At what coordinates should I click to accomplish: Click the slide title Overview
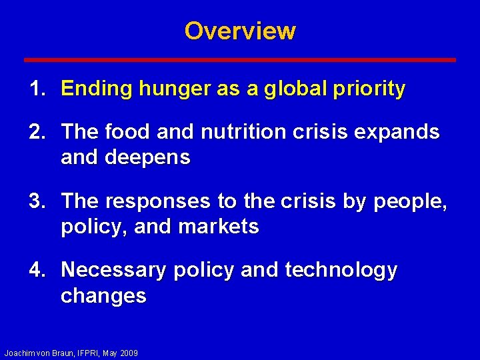[x=240, y=31]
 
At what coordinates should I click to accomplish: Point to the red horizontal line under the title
[x=240, y=60]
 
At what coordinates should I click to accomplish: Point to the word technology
[x=341, y=270]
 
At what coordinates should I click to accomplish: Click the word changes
[x=103, y=296]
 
